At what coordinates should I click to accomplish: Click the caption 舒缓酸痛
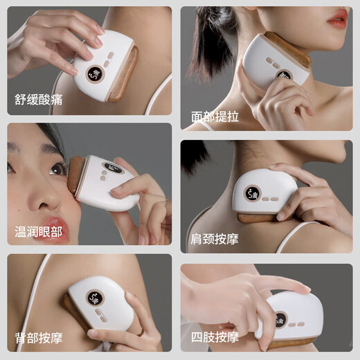(x=38, y=98)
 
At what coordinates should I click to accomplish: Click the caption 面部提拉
(x=215, y=116)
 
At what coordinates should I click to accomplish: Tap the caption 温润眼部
(x=38, y=231)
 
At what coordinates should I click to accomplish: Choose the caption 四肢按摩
(x=215, y=338)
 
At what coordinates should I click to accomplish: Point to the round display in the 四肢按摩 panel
(x=280, y=321)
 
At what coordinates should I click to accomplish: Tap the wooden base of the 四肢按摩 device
(x=291, y=342)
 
